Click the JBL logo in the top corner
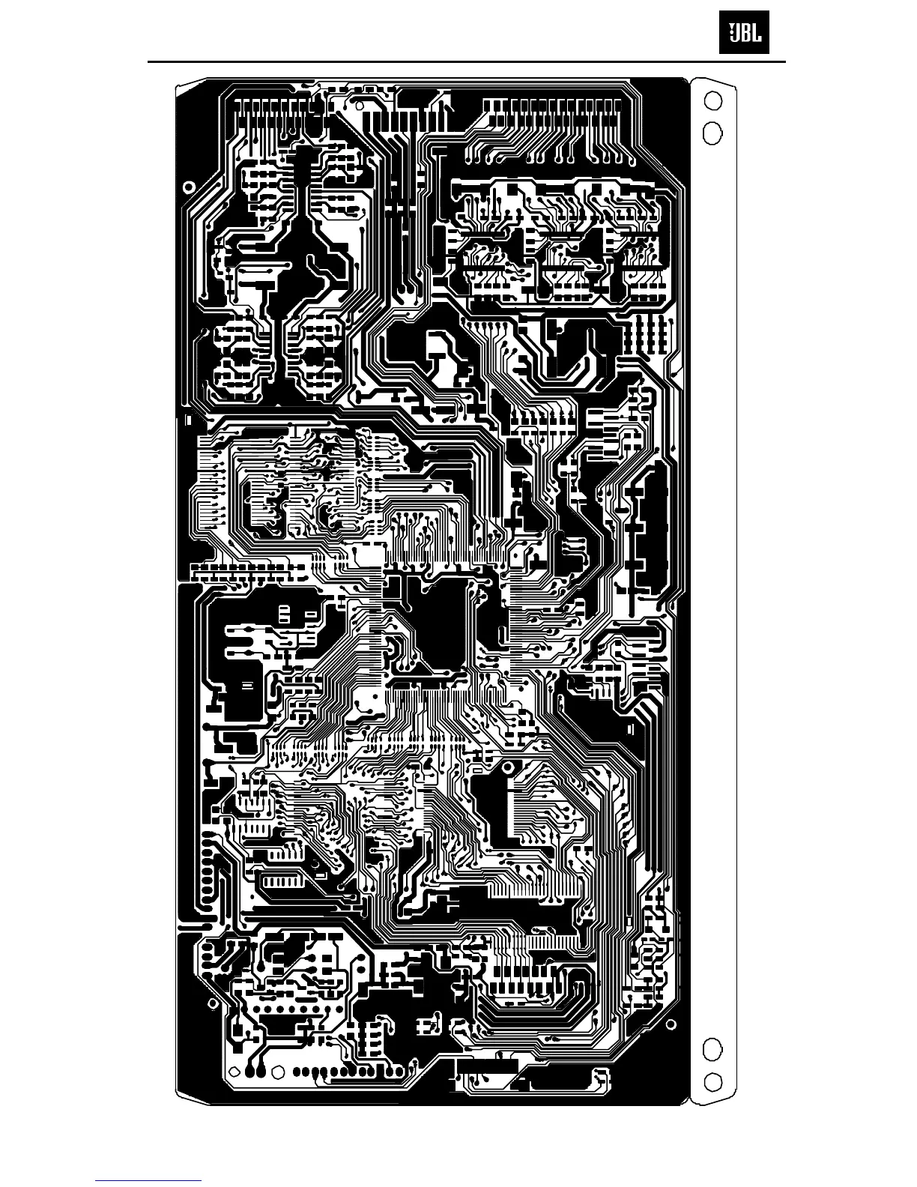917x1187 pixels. click(x=744, y=34)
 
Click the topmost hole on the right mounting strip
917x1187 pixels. click(x=713, y=100)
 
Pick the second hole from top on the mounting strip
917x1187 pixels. click(x=712, y=133)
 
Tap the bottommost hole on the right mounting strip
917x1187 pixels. click(x=713, y=1081)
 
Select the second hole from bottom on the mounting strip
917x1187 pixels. click(x=713, y=1048)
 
